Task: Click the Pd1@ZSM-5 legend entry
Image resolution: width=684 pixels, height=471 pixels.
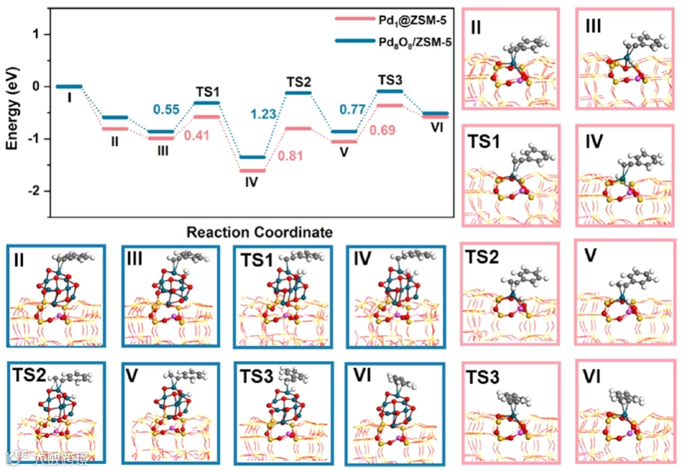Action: point(412,22)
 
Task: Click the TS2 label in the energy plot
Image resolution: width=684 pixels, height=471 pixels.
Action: point(298,82)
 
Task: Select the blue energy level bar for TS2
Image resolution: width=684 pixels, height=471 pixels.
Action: point(298,93)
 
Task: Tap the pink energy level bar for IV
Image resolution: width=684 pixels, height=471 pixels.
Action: point(253,170)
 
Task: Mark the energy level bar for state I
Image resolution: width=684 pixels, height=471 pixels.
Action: point(68,86)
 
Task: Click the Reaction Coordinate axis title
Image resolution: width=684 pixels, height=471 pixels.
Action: point(259,232)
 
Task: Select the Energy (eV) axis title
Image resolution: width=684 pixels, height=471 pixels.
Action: point(13,112)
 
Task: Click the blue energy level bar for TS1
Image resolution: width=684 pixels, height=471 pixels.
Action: point(206,103)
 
